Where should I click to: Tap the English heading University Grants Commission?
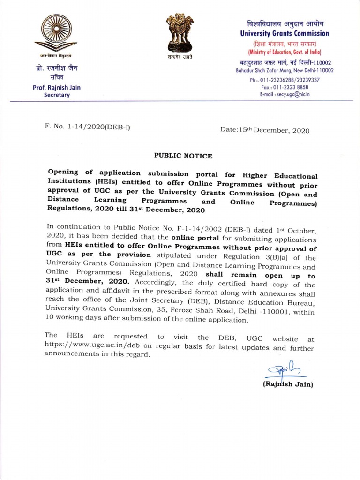[x=285, y=34]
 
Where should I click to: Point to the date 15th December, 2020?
[x=265, y=131]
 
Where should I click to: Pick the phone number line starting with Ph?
[x=285, y=80]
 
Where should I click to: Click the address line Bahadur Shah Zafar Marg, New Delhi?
[x=285, y=70]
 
